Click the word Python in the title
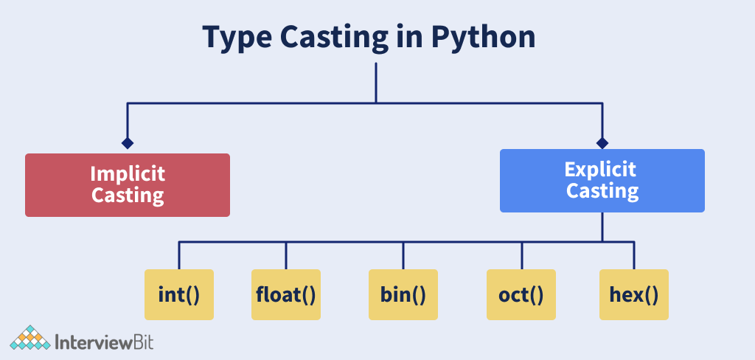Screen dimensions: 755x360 (x=482, y=38)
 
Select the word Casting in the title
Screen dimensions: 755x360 (x=334, y=38)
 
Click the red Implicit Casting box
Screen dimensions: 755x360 (x=128, y=185)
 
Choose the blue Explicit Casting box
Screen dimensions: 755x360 (x=602, y=181)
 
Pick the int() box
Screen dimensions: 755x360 (x=179, y=294)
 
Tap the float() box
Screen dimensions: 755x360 (x=286, y=294)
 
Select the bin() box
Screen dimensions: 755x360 (x=403, y=294)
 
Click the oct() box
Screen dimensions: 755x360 (x=521, y=294)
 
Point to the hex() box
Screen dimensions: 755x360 (x=634, y=294)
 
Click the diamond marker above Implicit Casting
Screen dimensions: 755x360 (x=127, y=143)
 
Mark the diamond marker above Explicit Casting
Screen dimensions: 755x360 (x=602, y=143)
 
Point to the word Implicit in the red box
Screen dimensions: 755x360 (x=128, y=174)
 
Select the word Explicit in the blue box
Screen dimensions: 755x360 (x=600, y=169)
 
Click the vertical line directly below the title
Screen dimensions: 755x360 (x=375, y=83)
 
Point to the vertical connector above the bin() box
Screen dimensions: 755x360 (x=403, y=255)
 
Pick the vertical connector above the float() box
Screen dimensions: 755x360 (x=286, y=255)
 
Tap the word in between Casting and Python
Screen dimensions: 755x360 (x=408, y=37)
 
